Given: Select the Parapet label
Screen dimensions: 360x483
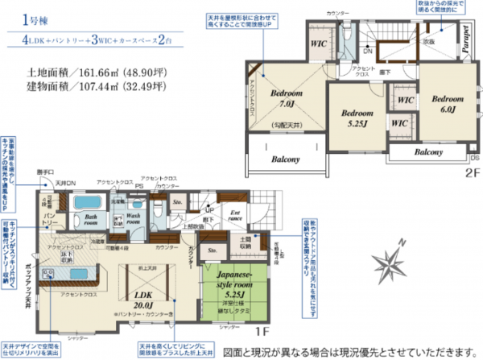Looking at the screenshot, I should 466,39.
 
